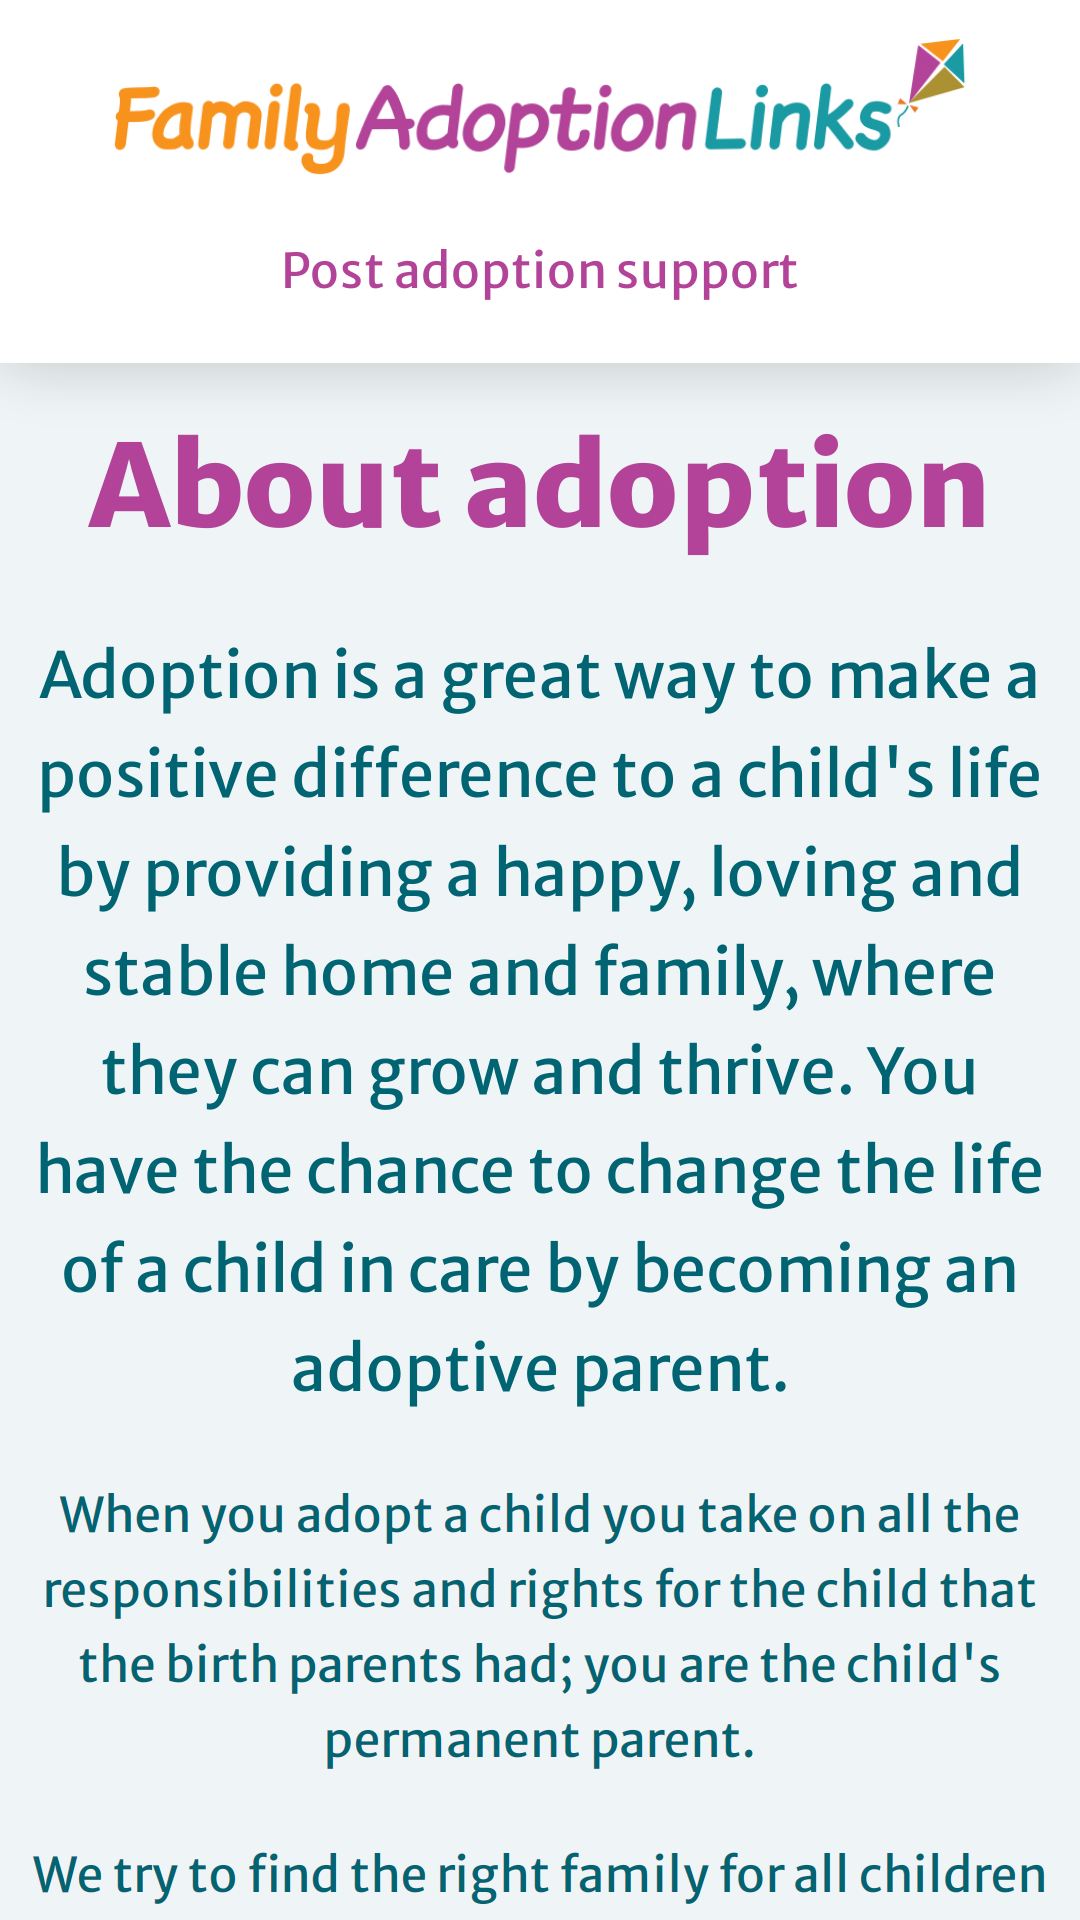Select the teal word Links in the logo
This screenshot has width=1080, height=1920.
point(798,119)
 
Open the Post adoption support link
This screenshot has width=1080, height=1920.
point(540,271)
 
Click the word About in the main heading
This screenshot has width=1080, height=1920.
point(265,486)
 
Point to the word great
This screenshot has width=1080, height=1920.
point(520,678)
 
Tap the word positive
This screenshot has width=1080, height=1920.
point(158,777)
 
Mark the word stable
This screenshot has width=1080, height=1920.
point(176,972)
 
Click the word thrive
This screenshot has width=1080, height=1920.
point(756,1071)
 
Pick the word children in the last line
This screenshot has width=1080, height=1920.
point(953,1874)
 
